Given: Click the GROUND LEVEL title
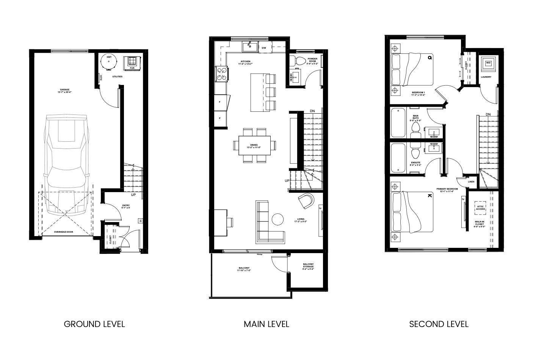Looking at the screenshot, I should coord(94,324).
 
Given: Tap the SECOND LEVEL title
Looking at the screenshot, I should coord(439,324).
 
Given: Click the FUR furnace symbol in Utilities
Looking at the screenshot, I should coord(132,62).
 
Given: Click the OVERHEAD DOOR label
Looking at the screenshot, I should coord(64,232).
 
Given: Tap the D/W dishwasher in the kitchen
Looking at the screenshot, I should coord(264,48).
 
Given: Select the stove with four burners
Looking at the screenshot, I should coord(222,74).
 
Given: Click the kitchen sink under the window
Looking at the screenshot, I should coord(250,47).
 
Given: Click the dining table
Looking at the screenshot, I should coord(254,145).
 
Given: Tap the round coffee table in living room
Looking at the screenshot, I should coord(278,219).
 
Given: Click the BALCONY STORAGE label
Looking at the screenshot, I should coord(308,266).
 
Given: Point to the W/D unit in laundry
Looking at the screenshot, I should coord(488,63).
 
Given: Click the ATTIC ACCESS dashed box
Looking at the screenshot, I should coord(480,208).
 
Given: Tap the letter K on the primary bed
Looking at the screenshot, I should coord(430,196).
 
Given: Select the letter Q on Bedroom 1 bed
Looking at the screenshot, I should coord(430,58).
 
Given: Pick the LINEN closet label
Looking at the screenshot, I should coord(471,182).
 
